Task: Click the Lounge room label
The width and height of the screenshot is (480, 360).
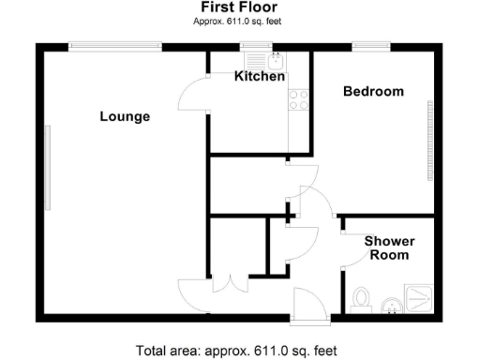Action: [x=126, y=117]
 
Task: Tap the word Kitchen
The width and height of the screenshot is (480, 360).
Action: [x=260, y=77]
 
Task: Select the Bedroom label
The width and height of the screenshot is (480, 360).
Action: [x=373, y=92]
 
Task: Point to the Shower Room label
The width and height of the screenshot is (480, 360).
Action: [x=389, y=247]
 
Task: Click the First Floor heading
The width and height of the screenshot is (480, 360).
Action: [x=239, y=7]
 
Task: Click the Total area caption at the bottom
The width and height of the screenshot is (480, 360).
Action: [x=239, y=351]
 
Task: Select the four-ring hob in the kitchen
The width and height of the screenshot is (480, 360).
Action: [x=299, y=99]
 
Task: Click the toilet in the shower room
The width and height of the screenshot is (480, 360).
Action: [x=361, y=300]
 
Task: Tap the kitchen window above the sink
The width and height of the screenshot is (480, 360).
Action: [x=253, y=44]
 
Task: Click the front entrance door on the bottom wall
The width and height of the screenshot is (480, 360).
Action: [x=307, y=306]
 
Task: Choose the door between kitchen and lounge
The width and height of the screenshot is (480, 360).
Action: [x=195, y=93]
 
